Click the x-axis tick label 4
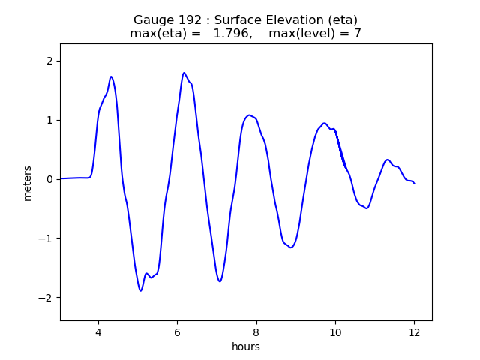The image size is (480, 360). [x=97, y=332]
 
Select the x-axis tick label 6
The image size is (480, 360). [x=177, y=332]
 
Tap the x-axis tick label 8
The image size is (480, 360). [x=256, y=332]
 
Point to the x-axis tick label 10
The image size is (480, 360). [x=335, y=332]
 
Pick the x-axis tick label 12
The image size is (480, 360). [x=414, y=332]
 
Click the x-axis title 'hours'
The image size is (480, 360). [x=246, y=346]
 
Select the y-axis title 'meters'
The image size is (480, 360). [x=28, y=182]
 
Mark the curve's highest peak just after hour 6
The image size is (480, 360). [x=184, y=73]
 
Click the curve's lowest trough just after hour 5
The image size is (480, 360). [x=140, y=290]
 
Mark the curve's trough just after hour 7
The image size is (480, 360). [x=220, y=281]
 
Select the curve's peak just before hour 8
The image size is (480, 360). [x=249, y=115]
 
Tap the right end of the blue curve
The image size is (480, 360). [x=414, y=184]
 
